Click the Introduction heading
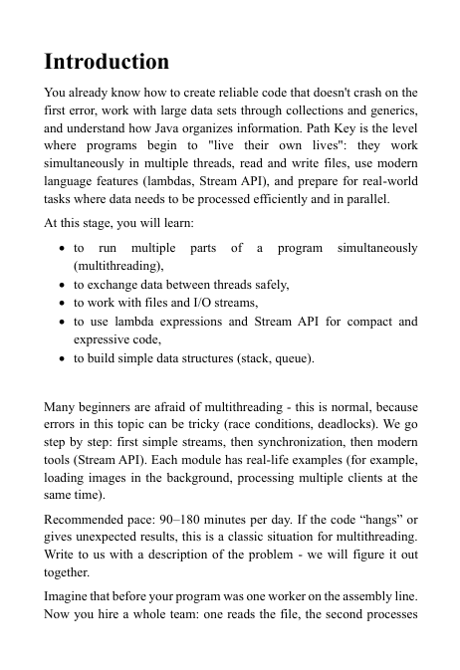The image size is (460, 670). pyautogui.click(x=107, y=62)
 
